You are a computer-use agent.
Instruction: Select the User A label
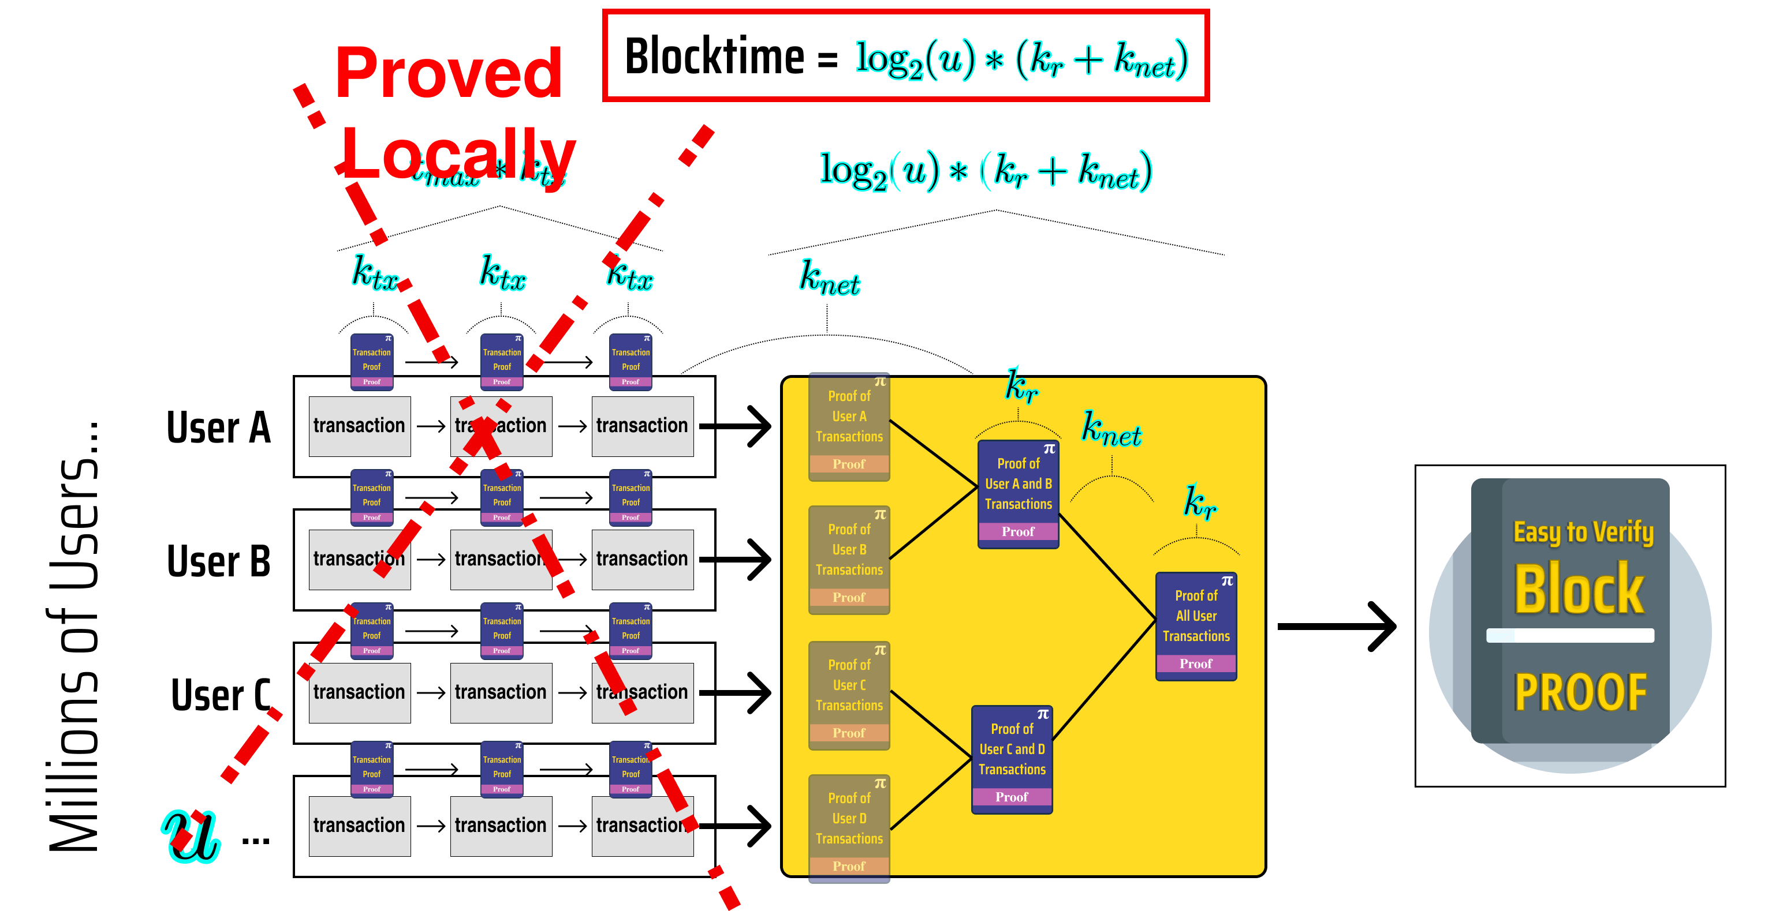tap(218, 427)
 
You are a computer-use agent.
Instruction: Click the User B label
tap(218, 560)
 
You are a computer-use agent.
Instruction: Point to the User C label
tap(220, 695)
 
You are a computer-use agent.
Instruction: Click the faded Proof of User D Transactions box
tap(849, 827)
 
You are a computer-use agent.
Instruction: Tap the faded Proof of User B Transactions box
tap(849, 559)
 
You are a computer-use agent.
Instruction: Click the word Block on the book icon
tap(1579, 590)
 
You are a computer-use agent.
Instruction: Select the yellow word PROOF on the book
tap(1580, 692)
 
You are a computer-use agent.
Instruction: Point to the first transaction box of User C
tap(359, 692)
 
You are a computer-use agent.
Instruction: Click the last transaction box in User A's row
tap(642, 426)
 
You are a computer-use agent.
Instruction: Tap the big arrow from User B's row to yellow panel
tap(736, 560)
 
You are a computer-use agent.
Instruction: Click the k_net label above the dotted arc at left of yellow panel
tap(829, 279)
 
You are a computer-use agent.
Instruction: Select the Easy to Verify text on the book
tap(1583, 532)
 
